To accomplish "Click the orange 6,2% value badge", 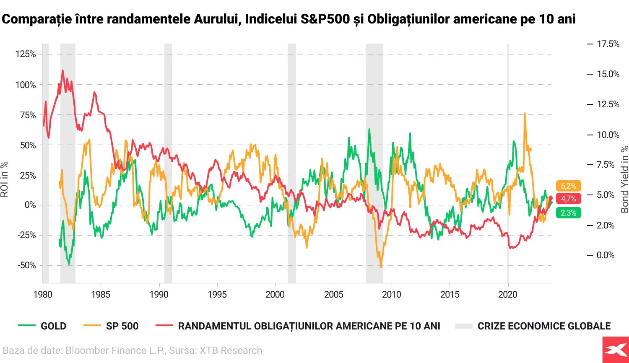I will [569, 186].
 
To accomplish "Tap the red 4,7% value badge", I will [569, 199].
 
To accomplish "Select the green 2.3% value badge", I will [569, 213].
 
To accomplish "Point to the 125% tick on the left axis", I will [26, 54].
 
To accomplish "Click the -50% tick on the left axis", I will [26, 265].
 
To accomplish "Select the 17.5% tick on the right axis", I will [608, 44].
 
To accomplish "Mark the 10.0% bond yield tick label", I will [608, 135].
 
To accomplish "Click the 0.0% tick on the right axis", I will [606, 255].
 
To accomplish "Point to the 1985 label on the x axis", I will [101, 294].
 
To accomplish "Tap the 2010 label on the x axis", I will [392, 294].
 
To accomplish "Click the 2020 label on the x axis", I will [508, 294].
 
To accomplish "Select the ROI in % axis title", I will [5, 179].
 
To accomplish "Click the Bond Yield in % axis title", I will [625, 179].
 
